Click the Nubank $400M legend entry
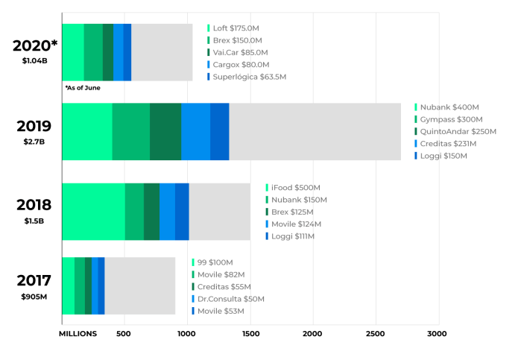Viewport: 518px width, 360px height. [x=447, y=107]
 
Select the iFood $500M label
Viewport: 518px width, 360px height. [x=293, y=188]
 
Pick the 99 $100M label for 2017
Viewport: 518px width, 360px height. [x=215, y=262]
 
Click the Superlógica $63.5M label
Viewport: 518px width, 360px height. [x=249, y=77]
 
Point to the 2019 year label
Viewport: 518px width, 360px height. [x=34, y=126]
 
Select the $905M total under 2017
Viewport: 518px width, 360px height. [x=34, y=297]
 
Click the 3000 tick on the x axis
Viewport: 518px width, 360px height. [x=438, y=333]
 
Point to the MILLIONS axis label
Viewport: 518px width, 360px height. [x=78, y=333]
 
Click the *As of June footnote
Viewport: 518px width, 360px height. [x=82, y=88]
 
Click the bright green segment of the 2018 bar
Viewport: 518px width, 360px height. [x=93, y=212]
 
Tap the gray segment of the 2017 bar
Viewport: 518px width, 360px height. [x=139, y=285]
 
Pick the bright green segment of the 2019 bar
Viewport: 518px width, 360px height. [x=86, y=132]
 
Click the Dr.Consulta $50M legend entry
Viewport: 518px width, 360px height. [x=230, y=299]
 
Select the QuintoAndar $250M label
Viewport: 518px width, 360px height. [x=452, y=132]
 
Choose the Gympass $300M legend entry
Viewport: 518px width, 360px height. [x=451, y=119]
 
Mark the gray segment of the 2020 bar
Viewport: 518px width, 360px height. [x=162, y=52]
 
